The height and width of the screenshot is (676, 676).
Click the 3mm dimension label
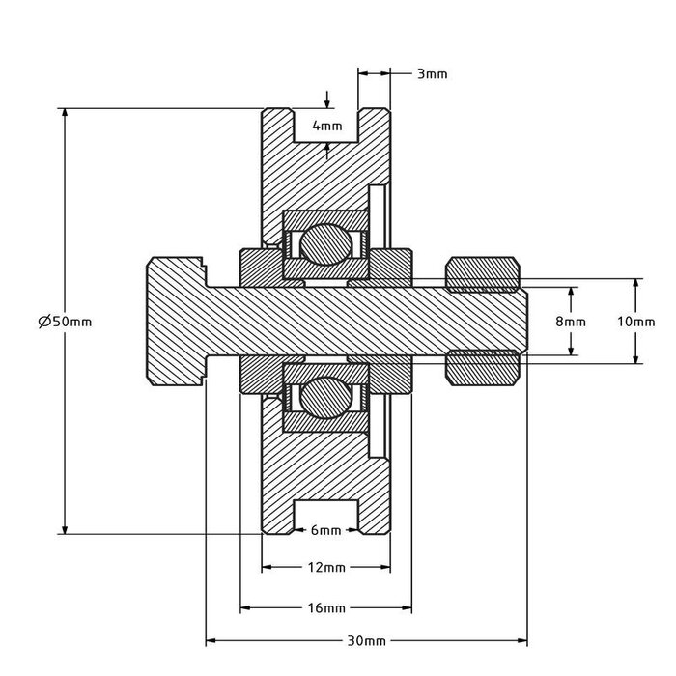point(432,73)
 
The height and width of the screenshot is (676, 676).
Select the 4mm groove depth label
point(326,126)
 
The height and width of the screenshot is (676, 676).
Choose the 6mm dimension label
point(326,530)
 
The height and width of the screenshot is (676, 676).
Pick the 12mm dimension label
point(326,569)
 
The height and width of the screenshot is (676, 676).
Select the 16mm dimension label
point(326,608)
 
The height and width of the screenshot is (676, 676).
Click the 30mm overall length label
point(368,641)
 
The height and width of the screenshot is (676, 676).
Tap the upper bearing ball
point(325,241)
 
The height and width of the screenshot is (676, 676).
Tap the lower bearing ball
point(325,399)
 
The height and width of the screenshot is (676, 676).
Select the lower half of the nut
point(483,368)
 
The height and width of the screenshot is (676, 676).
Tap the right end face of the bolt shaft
point(527,321)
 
